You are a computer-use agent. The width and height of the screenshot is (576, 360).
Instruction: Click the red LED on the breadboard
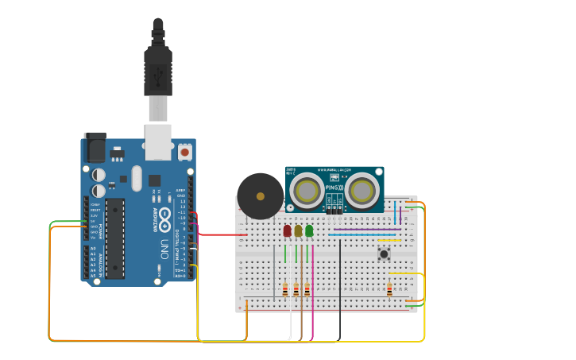pos(288,230)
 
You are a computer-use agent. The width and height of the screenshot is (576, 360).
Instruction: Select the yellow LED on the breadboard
pos(298,230)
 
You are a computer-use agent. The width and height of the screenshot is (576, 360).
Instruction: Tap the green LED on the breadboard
pos(309,230)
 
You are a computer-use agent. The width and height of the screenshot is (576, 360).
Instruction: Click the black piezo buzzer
pos(260,196)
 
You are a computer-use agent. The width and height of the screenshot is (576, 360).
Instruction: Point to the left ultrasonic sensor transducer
pos(306,190)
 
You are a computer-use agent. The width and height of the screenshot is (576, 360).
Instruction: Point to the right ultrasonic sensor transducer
pos(361,190)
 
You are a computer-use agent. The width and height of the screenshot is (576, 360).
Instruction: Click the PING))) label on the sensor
pos(334,188)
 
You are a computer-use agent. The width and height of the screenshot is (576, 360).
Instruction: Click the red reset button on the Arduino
pos(185,151)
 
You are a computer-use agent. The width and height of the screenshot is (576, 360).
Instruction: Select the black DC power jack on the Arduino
pos(95,147)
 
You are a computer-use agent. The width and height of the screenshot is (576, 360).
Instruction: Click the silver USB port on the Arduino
pos(157,137)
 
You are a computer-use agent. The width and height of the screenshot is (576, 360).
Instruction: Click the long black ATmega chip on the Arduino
pos(114,238)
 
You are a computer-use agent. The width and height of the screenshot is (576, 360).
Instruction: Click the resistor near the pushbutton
pos(389,290)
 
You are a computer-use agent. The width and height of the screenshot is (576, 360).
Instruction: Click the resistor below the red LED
pos(285,290)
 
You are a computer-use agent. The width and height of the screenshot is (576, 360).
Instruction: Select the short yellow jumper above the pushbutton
pos(389,240)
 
